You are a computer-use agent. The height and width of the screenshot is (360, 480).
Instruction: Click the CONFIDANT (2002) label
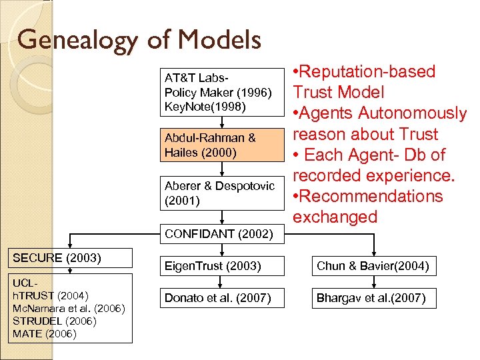pyautogui.click(x=219, y=234)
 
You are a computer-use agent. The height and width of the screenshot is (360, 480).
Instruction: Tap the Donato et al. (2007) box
pyautogui.click(x=218, y=298)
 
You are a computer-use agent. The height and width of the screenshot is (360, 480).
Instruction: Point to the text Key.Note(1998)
pyautogui.click(x=205, y=107)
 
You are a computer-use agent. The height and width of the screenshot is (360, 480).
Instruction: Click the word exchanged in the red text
pyautogui.click(x=335, y=217)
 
